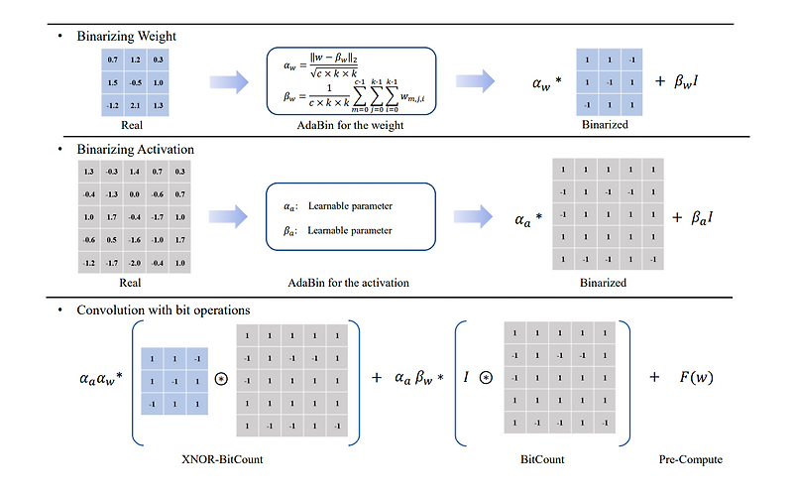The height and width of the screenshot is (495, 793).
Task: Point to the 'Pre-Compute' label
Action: [x=691, y=459]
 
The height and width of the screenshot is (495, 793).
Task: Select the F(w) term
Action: [x=698, y=377]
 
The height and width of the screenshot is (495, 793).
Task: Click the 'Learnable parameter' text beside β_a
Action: [x=350, y=230]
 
